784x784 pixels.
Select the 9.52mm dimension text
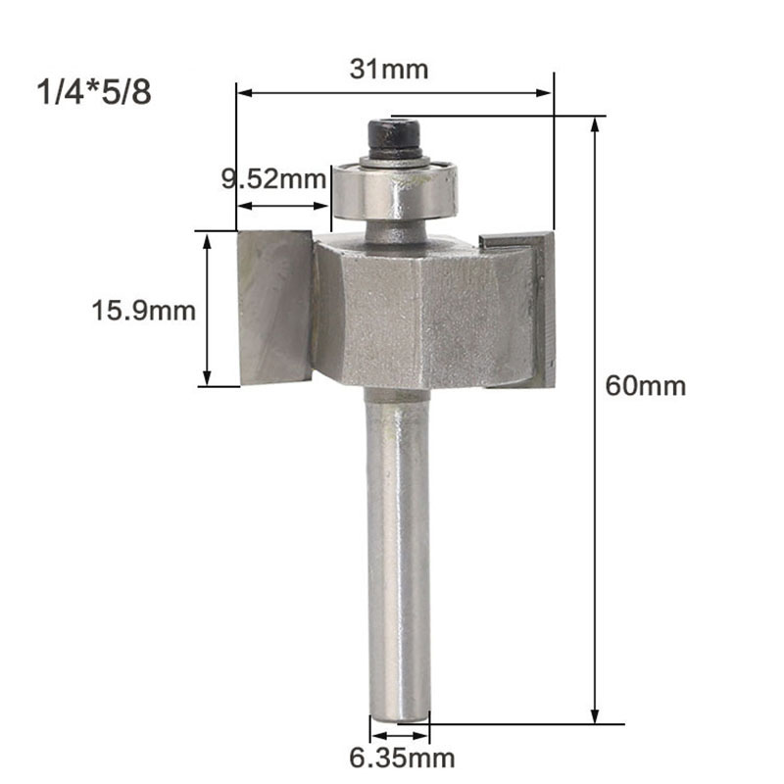pos(272,178)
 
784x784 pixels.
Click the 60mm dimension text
pos(645,385)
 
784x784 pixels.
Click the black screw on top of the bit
pos(395,137)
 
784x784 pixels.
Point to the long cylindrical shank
pos(397,549)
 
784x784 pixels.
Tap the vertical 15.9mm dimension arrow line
pos(207,309)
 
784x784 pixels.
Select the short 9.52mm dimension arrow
pos(283,206)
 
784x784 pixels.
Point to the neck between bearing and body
pos(392,231)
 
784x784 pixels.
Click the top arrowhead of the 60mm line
pos(595,123)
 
